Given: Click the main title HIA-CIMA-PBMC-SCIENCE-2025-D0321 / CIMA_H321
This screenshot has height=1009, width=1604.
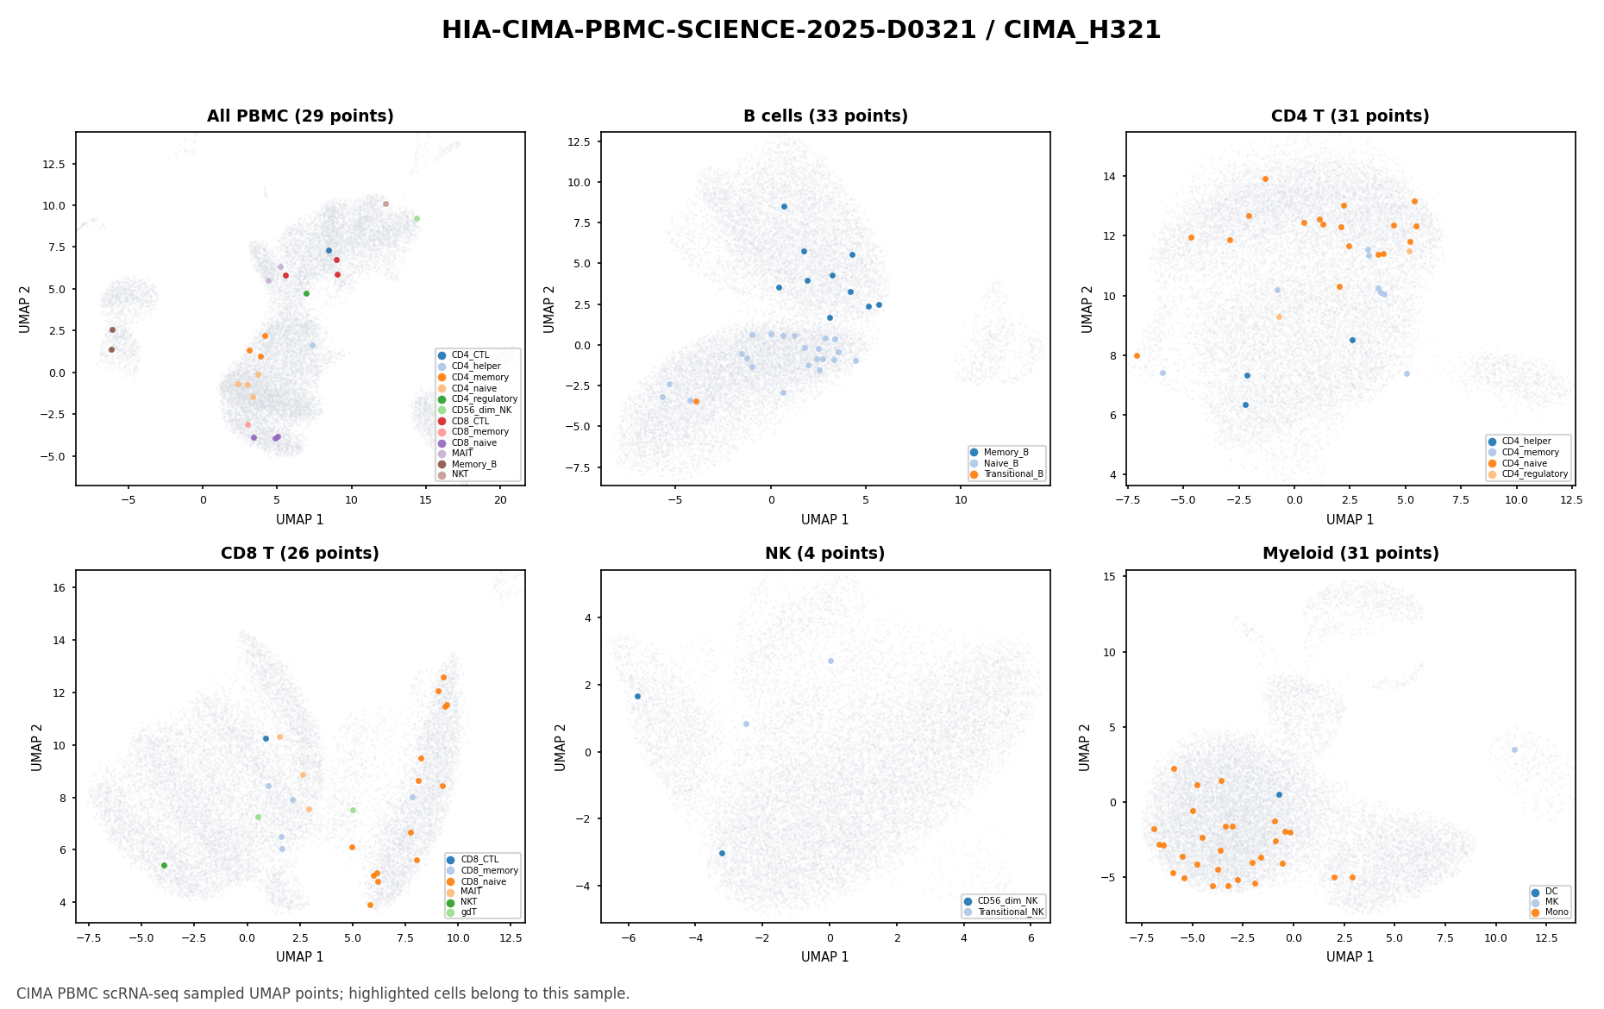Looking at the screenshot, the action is (801, 30).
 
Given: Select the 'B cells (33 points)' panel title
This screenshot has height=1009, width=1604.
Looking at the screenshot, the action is (825, 116).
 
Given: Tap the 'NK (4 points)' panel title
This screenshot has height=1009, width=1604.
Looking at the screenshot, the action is (825, 554).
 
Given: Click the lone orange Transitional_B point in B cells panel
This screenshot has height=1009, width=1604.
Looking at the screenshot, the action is (696, 401).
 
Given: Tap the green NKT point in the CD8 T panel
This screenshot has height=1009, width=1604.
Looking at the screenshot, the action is (164, 865).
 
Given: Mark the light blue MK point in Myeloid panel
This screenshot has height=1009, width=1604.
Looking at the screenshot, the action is (1514, 749).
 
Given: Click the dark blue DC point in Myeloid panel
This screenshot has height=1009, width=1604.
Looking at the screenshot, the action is (1279, 794).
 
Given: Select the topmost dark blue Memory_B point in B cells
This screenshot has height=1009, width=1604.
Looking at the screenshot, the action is (784, 206).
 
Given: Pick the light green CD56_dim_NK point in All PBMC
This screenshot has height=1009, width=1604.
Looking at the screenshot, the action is (417, 218).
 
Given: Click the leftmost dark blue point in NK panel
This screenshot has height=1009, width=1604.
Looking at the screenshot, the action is (637, 696).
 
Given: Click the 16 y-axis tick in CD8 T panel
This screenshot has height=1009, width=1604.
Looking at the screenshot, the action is (62, 587).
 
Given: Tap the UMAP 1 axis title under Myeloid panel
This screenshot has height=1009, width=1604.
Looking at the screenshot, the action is (1350, 956).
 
